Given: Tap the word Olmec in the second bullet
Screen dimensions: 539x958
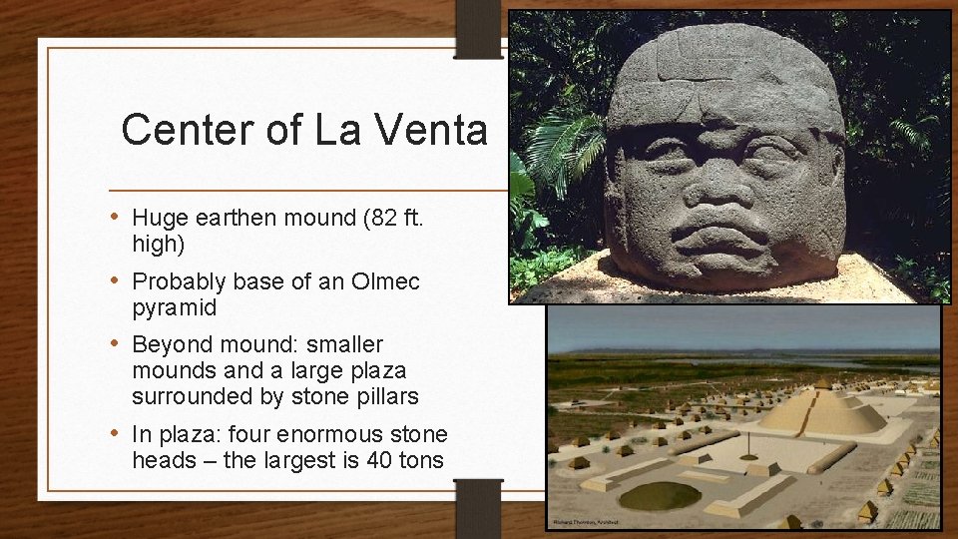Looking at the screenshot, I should pyautogui.click(x=385, y=281).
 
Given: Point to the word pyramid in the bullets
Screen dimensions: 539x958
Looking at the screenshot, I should pyautogui.click(x=174, y=307).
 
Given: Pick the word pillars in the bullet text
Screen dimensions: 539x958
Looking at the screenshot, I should pyautogui.click(x=384, y=396).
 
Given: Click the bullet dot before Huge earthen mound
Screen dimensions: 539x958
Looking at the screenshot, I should pyautogui.click(x=116, y=217).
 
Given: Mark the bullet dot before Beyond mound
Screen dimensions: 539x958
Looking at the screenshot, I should pyautogui.click(x=116, y=343).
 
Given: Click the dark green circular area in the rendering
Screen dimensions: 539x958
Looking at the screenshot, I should pyautogui.click(x=660, y=494).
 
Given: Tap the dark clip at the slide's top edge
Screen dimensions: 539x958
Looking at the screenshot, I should pyautogui.click(x=478, y=28).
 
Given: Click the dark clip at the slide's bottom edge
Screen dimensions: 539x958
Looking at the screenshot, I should pyautogui.click(x=478, y=508).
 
